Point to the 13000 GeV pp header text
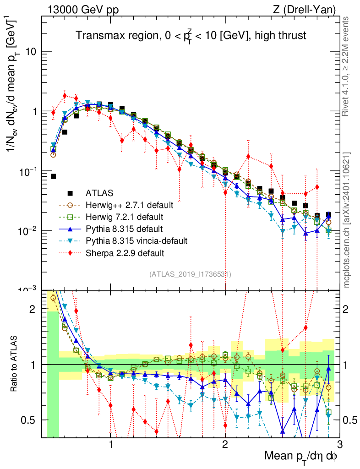pyautogui.click(x=82, y=9)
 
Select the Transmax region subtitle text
pyautogui.click(x=191, y=36)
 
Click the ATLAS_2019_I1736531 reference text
pyautogui.click(x=190, y=274)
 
